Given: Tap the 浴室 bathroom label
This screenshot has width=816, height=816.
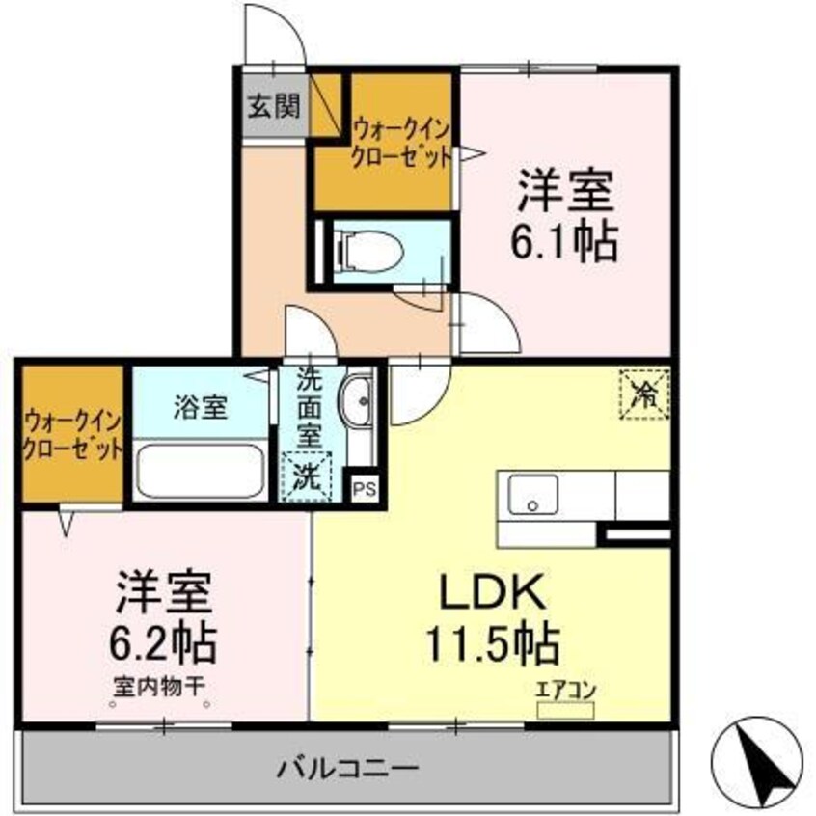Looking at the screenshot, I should click(202, 407).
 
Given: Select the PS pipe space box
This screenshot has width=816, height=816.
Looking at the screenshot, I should click(365, 489).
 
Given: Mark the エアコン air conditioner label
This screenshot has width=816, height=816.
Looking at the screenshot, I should click(567, 690).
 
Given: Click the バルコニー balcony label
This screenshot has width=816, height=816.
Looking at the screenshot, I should click(349, 769).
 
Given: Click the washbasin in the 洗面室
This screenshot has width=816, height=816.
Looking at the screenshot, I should click(358, 396).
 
